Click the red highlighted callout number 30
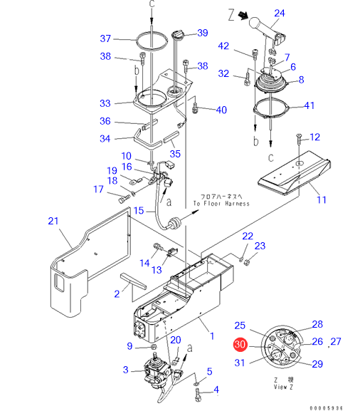240,344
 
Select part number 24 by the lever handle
280,13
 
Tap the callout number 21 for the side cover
53,221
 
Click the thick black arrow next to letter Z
243,16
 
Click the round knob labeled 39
177,34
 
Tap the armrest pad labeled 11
295,174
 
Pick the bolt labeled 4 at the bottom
198,395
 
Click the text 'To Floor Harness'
221,204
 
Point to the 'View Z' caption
283,387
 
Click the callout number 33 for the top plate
105,103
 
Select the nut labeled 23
246,261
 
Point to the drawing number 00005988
326,408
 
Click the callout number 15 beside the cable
139,210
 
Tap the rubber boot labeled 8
271,83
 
